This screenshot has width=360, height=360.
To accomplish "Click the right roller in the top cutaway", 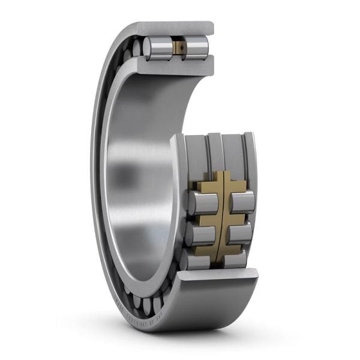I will coord(196,48).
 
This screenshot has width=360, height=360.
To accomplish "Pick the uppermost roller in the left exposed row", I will coord(201,203).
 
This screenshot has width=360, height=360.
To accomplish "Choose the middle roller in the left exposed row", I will coord(199,235).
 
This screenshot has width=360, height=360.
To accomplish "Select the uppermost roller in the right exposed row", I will coord(242,202).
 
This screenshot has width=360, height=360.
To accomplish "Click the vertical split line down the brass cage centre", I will coord(221,216).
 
